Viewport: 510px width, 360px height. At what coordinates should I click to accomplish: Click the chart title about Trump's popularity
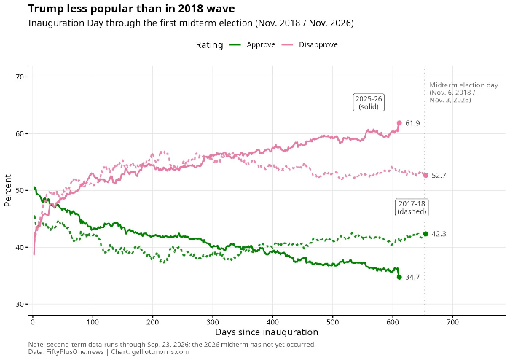(131, 9)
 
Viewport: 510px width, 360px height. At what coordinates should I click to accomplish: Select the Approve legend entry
(252, 45)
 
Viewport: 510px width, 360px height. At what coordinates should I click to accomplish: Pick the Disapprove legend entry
(309, 45)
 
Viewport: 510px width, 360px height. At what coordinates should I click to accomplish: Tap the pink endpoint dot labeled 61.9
(399, 123)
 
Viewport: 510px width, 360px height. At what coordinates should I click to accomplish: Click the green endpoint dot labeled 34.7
(399, 277)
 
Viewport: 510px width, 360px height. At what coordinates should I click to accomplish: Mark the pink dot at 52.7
(425, 176)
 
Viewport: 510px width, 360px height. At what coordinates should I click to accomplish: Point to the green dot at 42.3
(425, 234)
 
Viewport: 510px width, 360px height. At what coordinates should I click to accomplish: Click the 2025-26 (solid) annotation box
(369, 103)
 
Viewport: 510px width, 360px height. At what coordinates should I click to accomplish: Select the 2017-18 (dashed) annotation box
(412, 208)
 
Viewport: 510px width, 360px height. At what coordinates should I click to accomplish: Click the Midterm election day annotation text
(463, 93)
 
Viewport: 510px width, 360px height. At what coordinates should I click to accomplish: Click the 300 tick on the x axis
(213, 322)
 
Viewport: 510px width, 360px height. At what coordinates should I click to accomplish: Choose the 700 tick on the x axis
(452, 322)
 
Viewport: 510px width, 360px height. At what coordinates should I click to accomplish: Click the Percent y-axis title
(8, 190)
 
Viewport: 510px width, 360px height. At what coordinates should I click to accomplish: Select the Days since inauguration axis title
(267, 332)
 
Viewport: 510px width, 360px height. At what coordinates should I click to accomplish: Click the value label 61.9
(412, 123)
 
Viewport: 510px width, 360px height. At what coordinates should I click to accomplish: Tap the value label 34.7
(412, 278)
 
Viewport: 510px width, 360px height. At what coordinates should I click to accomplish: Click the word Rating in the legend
(210, 45)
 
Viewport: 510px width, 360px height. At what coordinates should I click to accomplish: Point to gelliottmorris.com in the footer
(160, 352)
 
